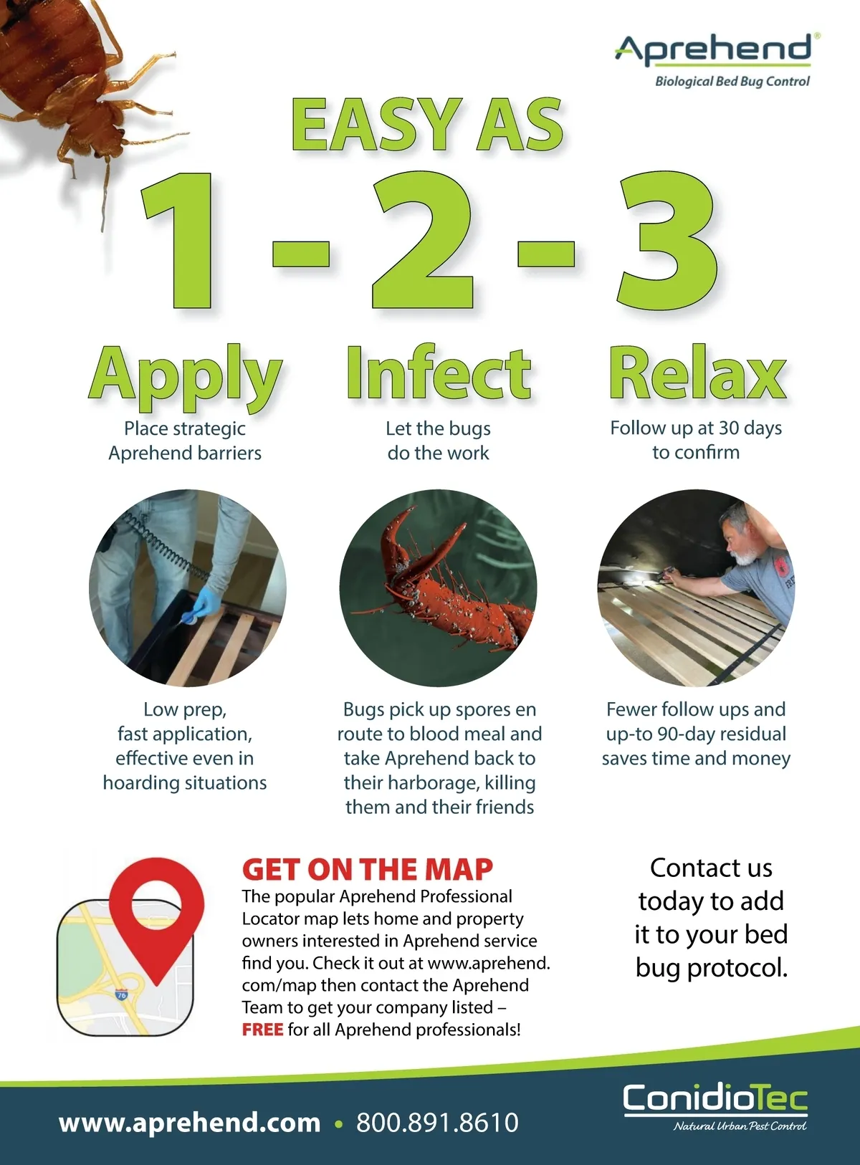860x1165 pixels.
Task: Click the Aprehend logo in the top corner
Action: coord(714,60)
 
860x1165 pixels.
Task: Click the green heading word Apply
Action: coord(186,375)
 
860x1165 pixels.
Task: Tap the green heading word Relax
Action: coord(697,373)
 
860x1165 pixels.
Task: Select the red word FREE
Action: coord(262,1030)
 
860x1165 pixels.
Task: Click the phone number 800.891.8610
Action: coord(437,1123)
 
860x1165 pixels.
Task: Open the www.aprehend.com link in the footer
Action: coord(190,1123)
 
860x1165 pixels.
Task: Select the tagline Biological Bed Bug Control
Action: coord(732,82)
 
